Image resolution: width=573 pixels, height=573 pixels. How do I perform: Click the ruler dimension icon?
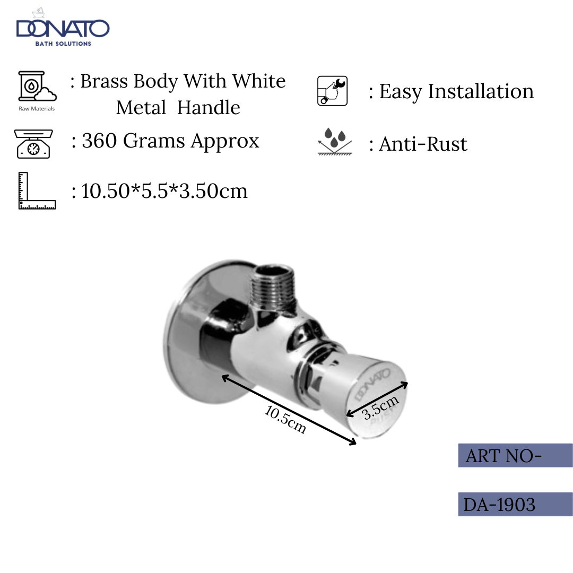click(x=36, y=190)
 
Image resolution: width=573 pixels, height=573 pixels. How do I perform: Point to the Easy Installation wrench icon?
click(x=332, y=91)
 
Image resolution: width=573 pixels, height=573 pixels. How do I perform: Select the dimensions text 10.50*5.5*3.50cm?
click(x=164, y=191)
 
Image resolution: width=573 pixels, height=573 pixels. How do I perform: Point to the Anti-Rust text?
click(x=423, y=144)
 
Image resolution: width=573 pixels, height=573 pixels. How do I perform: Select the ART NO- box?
click(x=515, y=455)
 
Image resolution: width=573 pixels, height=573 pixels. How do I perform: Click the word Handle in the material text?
click(x=208, y=108)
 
